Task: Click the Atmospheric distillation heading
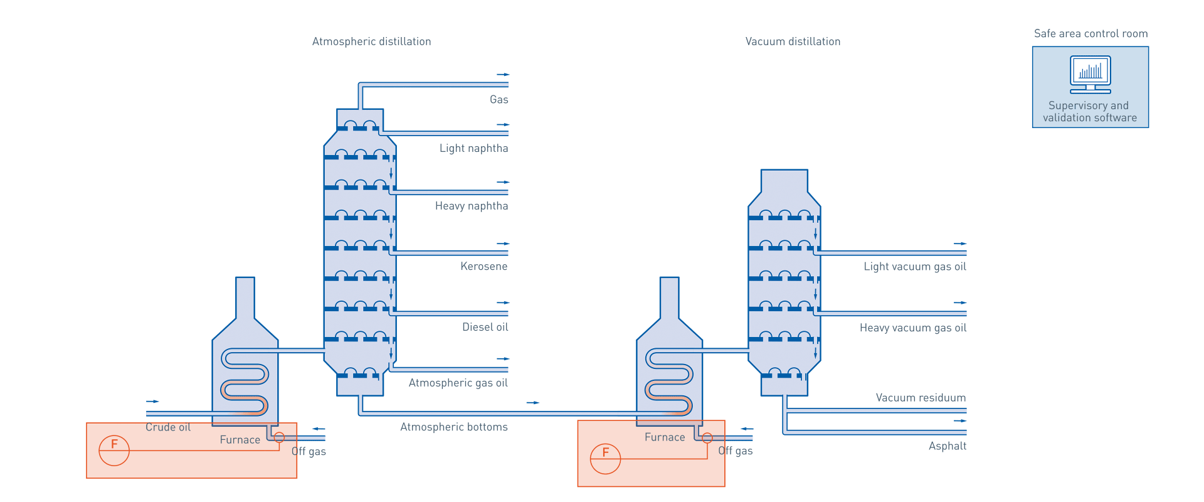pyautogui.click(x=371, y=41)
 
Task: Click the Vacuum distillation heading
pyautogui.click(x=793, y=41)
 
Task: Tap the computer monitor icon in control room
pyautogui.click(x=1090, y=73)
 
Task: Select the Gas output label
pyautogui.click(x=499, y=100)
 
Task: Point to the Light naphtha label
pyautogui.click(x=473, y=149)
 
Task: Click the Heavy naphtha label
pyautogui.click(x=472, y=206)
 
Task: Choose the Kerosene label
pyautogui.click(x=483, y=267)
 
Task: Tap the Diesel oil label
pyautogui.click(x=485, y=327)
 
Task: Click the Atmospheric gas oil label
pyautogui.click(x=458, y=383)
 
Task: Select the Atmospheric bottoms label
pyautogui.click(x=454, y=427)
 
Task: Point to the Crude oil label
pyautogui.click(x=168, y=427)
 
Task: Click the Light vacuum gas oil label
pyautogui.click(x=915, y=267)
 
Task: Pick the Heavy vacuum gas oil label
pyautogui.click(x=913, y=328)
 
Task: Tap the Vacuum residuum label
pyautogui.click(x=921, y=398)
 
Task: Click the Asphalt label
pyautogui.click(x=948, y=446)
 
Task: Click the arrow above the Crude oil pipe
pyautogui.click(x=152, y=401)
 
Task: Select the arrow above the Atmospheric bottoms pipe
pyautogui.click(x=532, y=402)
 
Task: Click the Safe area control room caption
pyautogui.click(x=1090, y=34)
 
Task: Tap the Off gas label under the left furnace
pyautogui.click(x=309, y=451)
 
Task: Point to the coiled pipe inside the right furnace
pyautogui.click(x=670, y=383)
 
